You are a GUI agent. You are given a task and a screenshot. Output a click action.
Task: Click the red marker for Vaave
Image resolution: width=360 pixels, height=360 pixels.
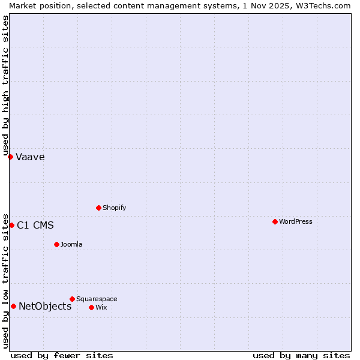[x=10, y=157]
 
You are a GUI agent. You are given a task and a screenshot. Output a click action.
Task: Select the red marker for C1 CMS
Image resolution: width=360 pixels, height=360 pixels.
[x=11, y=225]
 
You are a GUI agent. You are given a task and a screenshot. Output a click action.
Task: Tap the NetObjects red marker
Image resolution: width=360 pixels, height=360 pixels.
[x=13, y=306]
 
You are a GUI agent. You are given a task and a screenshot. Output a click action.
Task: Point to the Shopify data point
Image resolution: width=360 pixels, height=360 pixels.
[x=98, y=208]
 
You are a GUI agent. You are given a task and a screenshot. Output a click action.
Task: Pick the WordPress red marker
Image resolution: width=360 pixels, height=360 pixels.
[x=275, y=221]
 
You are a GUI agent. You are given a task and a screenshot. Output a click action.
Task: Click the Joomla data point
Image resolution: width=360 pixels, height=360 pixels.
[x=56, y=244]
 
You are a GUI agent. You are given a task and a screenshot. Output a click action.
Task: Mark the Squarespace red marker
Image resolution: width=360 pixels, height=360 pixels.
[x=72, y=299]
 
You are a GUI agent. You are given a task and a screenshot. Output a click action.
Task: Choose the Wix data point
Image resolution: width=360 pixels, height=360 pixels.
[x=91, y=307]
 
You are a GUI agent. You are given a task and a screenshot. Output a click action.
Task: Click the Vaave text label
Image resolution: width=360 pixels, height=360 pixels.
[x=30, y=157]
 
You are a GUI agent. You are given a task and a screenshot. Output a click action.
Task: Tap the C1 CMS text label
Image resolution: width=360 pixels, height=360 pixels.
[x=35, y=226]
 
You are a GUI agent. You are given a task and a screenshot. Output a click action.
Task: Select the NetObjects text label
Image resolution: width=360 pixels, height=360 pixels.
[x=45, y=307]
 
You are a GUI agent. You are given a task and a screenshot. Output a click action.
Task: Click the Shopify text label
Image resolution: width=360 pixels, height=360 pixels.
[x=114, y=208]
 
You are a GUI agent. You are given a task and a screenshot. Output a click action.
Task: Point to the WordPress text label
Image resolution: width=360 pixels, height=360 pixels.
[x=296, y=222]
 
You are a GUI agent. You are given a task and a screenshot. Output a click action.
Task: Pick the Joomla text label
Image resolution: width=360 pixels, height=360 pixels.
[x=71, y=245]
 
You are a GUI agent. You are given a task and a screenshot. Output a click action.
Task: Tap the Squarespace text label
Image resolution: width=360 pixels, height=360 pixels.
[x=97, y=299]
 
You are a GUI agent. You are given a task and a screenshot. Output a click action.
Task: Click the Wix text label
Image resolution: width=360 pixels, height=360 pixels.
[x=101, y=308]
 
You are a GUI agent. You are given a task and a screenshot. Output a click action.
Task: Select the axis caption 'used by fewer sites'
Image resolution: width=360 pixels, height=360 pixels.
[x=62, y=355]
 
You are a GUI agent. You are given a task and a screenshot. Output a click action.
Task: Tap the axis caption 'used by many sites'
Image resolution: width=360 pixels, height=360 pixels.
[x=301, y=355]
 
